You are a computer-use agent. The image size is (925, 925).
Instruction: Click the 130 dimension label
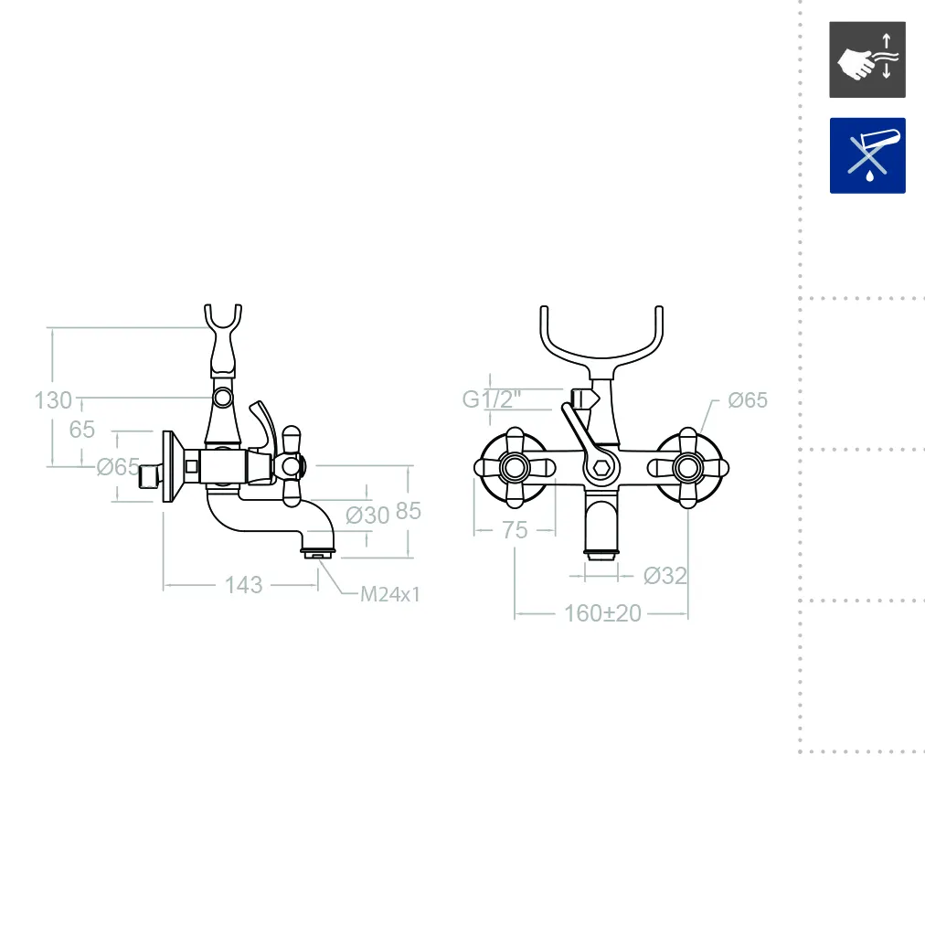coord(53,400)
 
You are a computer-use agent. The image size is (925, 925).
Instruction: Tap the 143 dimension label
coord(244,585)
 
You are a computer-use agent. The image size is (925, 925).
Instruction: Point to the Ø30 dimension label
coord(367,515)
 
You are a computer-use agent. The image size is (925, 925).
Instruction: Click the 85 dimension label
coord(409,512)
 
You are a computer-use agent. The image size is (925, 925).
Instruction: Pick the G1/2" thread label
coord(492,399)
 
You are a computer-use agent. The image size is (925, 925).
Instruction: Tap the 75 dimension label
coord(515,530)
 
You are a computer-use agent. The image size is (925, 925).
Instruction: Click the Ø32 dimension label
coord(665,576)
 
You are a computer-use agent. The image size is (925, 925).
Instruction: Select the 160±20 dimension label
coord(602,613)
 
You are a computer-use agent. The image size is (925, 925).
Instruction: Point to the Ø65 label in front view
coord(748,400)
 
